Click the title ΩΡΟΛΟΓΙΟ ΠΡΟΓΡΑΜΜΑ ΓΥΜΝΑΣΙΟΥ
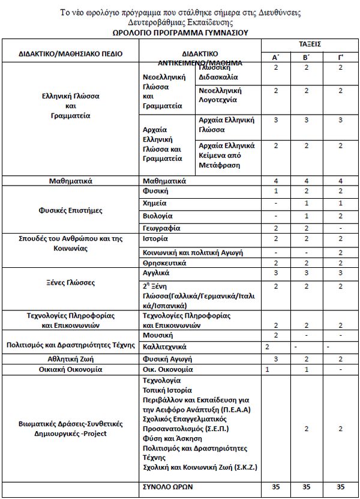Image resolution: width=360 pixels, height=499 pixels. pos(180,32)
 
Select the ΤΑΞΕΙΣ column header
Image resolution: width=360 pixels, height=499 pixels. pos(310,44)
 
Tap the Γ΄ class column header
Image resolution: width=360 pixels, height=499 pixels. pos(340,58)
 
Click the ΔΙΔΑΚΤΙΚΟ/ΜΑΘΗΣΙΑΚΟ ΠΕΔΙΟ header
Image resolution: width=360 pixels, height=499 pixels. pos(71,54)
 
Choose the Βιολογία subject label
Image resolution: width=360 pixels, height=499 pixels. pos(157,216)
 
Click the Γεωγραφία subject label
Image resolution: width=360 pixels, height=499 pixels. pos(160,228)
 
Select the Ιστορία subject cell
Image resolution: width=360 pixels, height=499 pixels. pos(156,239)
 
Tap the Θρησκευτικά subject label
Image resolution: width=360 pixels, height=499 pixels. pos(164,263)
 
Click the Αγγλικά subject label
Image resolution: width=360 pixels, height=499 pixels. pos(157,273)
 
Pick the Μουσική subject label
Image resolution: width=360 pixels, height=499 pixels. pos(157,334)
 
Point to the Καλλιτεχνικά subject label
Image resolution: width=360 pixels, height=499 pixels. pos(164,346)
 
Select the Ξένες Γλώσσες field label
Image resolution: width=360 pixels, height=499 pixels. pos(71,282)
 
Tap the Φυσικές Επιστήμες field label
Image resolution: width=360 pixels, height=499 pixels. pos(71,210)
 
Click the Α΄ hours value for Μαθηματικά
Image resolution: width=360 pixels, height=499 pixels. pos(275,181)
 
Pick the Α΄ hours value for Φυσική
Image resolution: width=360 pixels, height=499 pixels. pos(275,191)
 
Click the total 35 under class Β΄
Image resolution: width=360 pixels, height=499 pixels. pos(307,486)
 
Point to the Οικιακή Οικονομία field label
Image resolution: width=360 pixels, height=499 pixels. pos(71,369)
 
